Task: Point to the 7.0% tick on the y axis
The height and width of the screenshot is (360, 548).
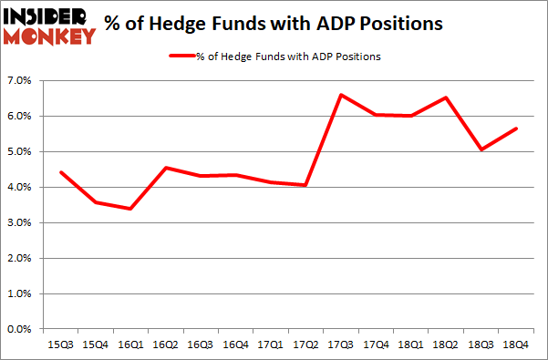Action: tap(19, 81)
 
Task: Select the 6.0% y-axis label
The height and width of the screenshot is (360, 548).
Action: tap(19, 117)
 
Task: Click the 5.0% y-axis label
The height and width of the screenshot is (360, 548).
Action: tap(19, 152)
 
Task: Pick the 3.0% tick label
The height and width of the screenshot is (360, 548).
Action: tap(19, 223)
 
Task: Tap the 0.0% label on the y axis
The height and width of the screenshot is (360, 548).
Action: tap(19, 330)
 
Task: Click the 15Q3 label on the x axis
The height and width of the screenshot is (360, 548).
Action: tap(60, 345)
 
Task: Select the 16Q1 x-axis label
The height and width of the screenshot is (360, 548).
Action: tap(130, 345)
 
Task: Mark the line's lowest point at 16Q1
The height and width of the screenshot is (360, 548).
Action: tap(130, 209)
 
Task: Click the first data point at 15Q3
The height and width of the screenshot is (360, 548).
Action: tap(60, 172)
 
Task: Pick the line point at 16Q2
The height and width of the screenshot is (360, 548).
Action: tap(166, 168)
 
